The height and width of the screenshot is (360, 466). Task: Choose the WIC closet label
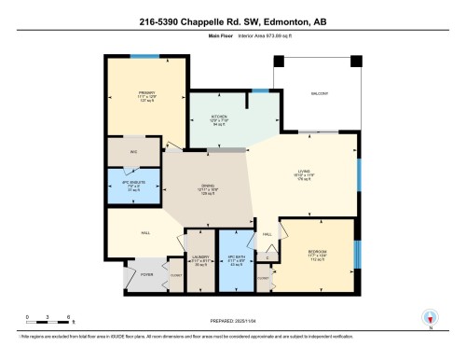[132, 151]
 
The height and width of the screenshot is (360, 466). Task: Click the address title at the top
[232, 19]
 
